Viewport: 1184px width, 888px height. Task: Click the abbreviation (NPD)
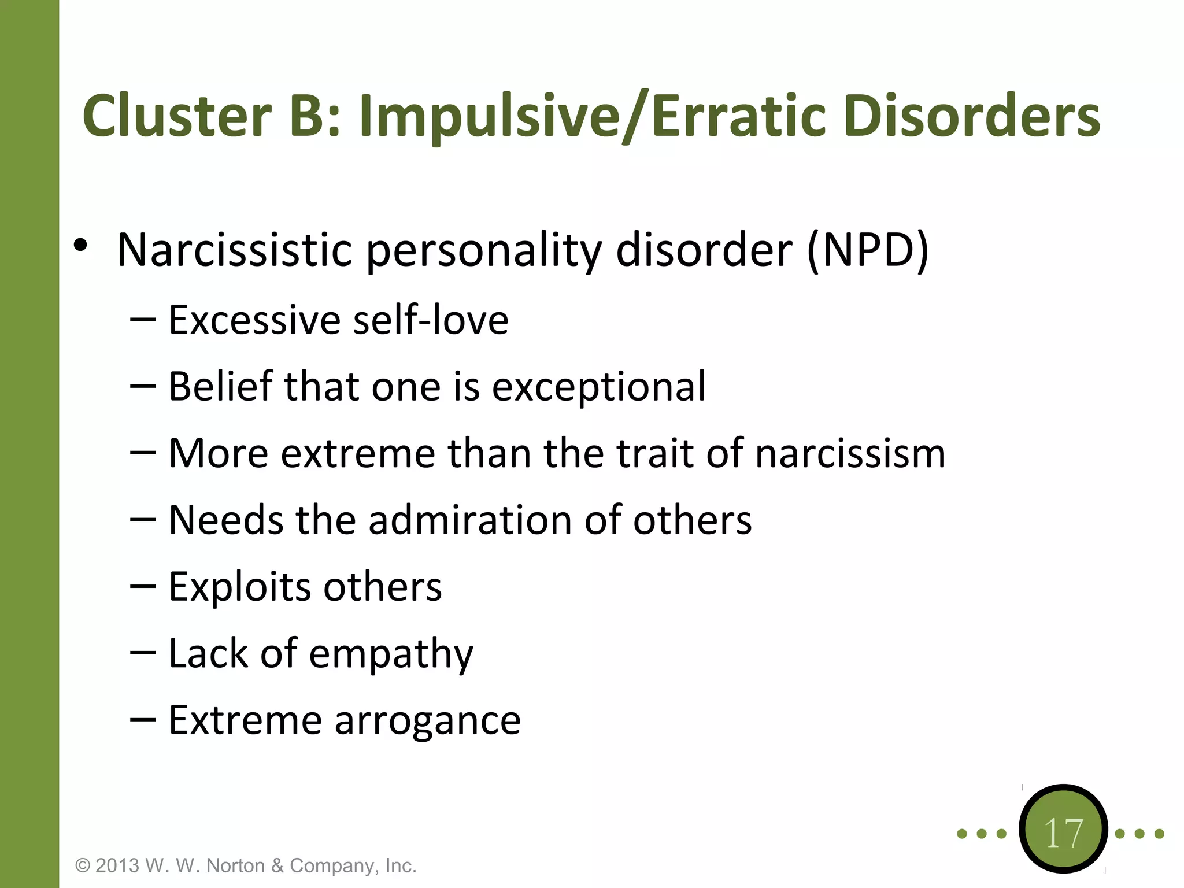pyautogui.click(x=867, y=250)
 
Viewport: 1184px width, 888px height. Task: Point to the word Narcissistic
pyautogui.click(x=234, y=250)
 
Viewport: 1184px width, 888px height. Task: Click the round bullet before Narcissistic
pyautogui.click(x=80, y=246)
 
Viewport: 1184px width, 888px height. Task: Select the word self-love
pyautogui.click(x=431, y=320)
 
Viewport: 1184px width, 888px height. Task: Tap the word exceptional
pyautogui.click(x=598, y=386)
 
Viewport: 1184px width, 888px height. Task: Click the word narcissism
pyautogui.click(x=850, y=453)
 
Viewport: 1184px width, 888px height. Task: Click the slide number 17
pyautogui.click(x=1064, y=833)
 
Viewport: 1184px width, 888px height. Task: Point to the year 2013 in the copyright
pyautogui.click(x=117, y=865)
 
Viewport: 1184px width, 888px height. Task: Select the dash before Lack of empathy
pyautogui.click(x=143, y=653)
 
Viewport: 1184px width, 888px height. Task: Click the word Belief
pyautogui.click(x=220, y=386)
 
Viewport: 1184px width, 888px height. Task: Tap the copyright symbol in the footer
pyautogui.click(x=83, y=865)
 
